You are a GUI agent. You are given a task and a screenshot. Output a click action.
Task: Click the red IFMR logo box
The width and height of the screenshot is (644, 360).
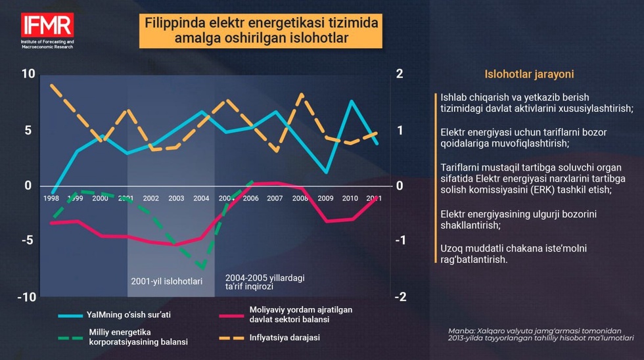(47, 26)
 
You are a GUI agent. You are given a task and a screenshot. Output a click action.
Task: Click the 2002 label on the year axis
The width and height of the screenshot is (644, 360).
(150, 198)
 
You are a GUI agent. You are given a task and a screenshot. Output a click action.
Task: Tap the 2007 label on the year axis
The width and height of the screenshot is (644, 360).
(275, 198)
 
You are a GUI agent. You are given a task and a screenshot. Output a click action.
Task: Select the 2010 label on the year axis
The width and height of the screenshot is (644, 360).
(350, 198)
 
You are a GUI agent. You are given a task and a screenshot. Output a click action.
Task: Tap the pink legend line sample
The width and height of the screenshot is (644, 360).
(231, 315)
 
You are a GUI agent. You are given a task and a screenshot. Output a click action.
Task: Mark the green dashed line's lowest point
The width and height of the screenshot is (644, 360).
(203, 268)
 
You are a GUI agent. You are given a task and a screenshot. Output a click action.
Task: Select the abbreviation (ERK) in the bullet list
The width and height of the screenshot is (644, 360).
(557, 190)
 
